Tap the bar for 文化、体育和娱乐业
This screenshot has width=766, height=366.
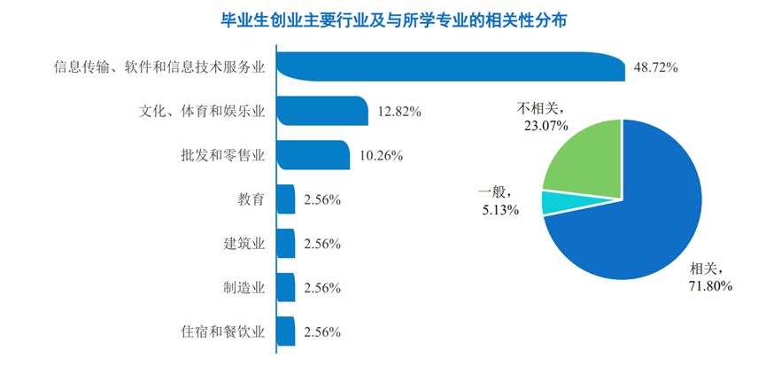[321, 111]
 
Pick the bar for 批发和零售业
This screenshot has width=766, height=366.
[313, 155]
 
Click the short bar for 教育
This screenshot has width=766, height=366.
[285, 199]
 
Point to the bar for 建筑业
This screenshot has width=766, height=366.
[285, 244]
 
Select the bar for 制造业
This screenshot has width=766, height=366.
[285, 288]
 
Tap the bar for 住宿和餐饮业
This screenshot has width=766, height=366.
[285, 332]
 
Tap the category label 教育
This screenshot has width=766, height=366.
[251, 199]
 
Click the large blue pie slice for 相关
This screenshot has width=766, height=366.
[638, 222]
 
